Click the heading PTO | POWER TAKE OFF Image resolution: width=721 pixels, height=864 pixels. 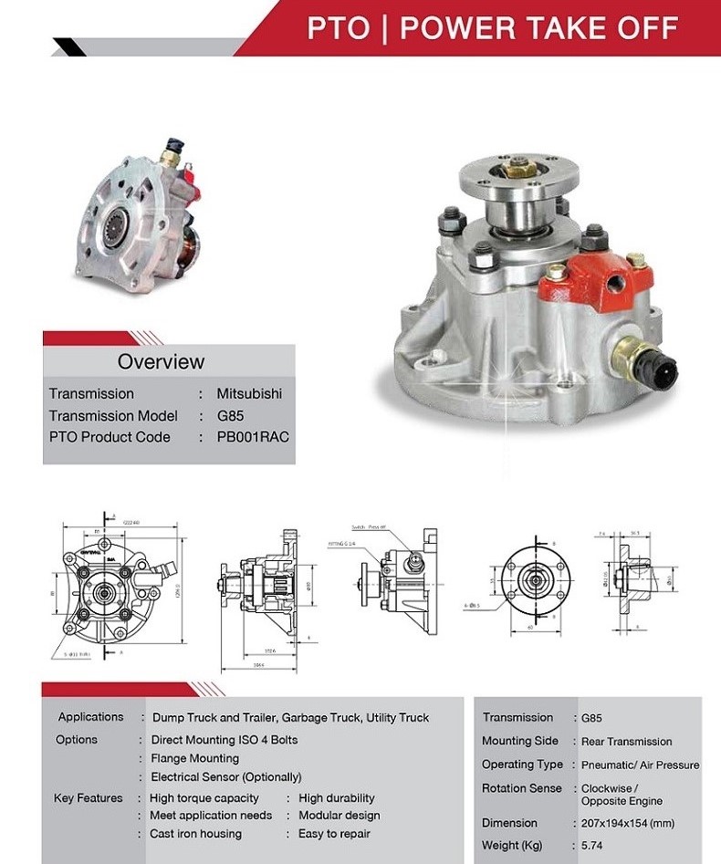tap(492, 27)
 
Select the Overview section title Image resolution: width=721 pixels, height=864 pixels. tap(161, 361)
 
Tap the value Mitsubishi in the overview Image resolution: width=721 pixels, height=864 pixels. tap(249, 394)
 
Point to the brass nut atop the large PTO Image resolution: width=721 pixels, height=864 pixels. tap(519, 165)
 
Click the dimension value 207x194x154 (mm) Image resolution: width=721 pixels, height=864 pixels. tap(627, 823)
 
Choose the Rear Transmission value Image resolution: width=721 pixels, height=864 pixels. tap(626, 742)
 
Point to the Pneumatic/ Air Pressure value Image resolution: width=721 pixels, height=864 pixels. tap(640, 765)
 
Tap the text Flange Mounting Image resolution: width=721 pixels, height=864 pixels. tap(194, 758)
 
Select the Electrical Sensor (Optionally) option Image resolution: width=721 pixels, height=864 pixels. tap(225, 777)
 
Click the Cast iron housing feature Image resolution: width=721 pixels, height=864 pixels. tap(195, 834)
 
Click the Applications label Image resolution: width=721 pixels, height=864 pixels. tap(90, 717)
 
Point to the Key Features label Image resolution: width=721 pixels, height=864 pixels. tap(88, 798)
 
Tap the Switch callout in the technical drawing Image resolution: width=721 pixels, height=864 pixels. tap(370, 527)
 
